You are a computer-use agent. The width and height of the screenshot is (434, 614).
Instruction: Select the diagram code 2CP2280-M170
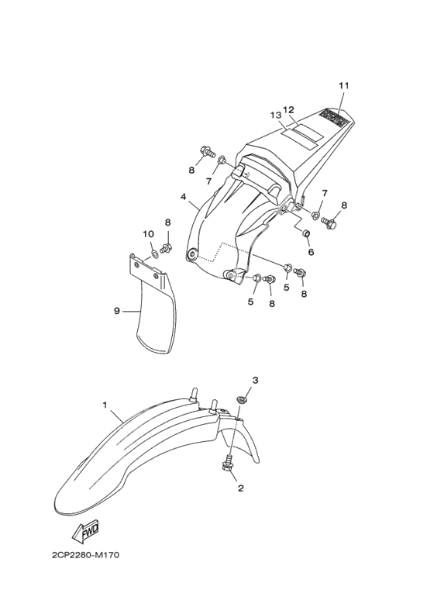(85, 555)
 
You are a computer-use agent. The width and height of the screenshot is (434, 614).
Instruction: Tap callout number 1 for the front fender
(105, 405)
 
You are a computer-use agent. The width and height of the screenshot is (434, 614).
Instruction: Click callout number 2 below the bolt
(241, 488)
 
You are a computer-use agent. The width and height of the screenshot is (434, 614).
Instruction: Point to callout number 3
(255, 380)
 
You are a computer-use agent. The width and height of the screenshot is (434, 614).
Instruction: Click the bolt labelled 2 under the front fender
(226, 463)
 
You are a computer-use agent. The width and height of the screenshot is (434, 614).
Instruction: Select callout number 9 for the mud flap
(116, 311)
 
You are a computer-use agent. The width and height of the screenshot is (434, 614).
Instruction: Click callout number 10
(148, 234)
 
